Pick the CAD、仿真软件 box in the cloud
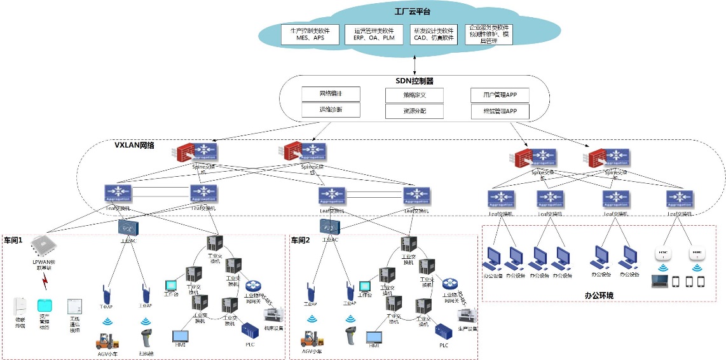[x=434, y=34]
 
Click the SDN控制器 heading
[x=414, y=81]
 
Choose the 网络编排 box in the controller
[x=331, y=94]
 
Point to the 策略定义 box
[x=414, y=95]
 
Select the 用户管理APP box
[x=500, y=95]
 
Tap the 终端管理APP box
[x=500, y=111]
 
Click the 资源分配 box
[x=414, y=111]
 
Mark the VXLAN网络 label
[x=134, y=145]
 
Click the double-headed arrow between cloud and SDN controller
[x=415, y=64]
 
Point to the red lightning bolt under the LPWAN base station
[x=45, y=279]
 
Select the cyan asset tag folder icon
[x=45, y=305]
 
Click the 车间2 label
[x=301, y=240]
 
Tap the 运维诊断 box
[x=331, y=110]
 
